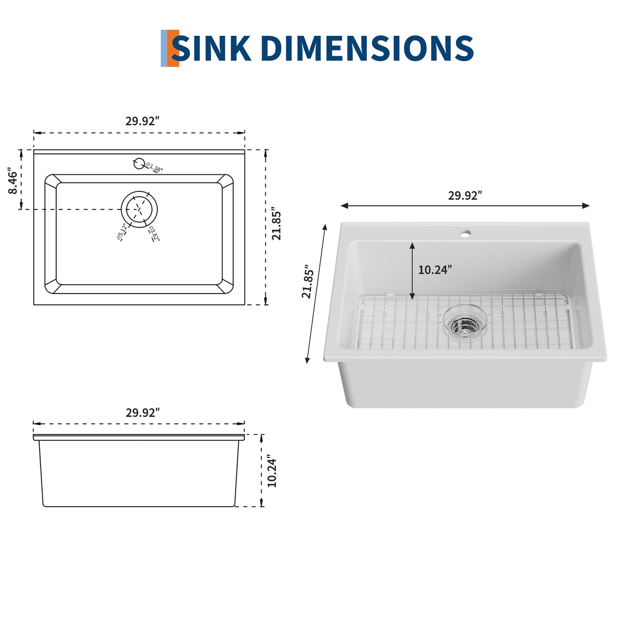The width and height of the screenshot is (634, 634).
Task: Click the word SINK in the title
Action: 211,49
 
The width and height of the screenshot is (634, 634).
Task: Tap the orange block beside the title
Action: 173,49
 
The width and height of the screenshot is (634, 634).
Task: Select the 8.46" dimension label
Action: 13,181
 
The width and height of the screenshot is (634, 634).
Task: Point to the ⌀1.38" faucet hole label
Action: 154,167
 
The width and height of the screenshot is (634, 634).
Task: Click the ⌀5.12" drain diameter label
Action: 122,232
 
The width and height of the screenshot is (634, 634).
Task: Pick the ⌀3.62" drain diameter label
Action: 154,234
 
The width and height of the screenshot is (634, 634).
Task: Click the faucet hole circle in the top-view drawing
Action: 139,163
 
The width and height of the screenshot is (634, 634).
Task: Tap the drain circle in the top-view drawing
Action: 139,209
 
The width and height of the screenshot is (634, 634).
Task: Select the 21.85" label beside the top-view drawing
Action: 276,224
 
